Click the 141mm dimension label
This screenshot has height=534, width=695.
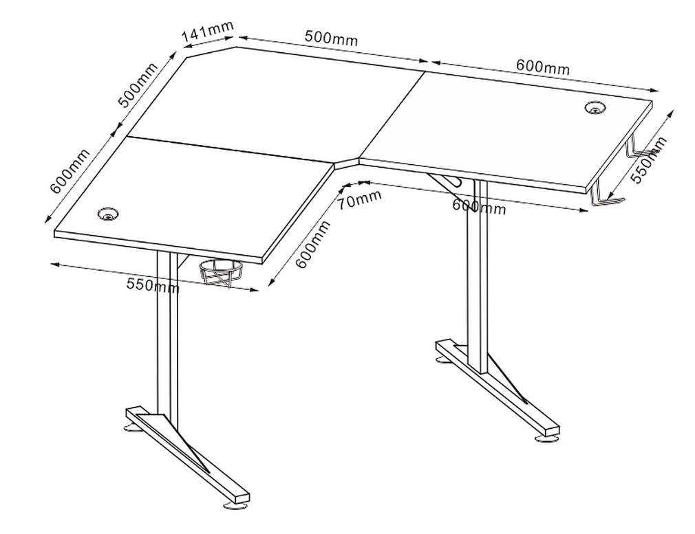(x=207, y=32)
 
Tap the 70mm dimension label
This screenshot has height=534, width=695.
(x=359, y=199)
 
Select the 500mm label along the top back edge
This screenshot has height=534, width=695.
(x=331, y=38)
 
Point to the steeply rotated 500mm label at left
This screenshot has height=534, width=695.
(x=138, y=85)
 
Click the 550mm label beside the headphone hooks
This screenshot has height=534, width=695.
(x=648, y=160)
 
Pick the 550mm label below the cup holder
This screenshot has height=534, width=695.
(x=153, y=285)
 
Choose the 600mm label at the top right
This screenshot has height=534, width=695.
(x=542, y=67)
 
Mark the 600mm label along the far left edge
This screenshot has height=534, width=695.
(x=69, y=171)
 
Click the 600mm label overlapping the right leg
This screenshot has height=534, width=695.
(x=479, y=206)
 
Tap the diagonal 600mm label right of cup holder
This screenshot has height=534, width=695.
(x=313, y=245)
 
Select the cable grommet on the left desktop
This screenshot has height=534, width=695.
(x=108, y=214)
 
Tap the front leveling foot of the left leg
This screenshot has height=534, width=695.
(x=236, y=504)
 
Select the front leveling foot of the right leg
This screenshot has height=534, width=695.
(x=546, y=438)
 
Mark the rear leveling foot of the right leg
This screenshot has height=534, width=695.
(x=443, y=359)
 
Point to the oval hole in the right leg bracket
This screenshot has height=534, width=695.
(x=454, y=181)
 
